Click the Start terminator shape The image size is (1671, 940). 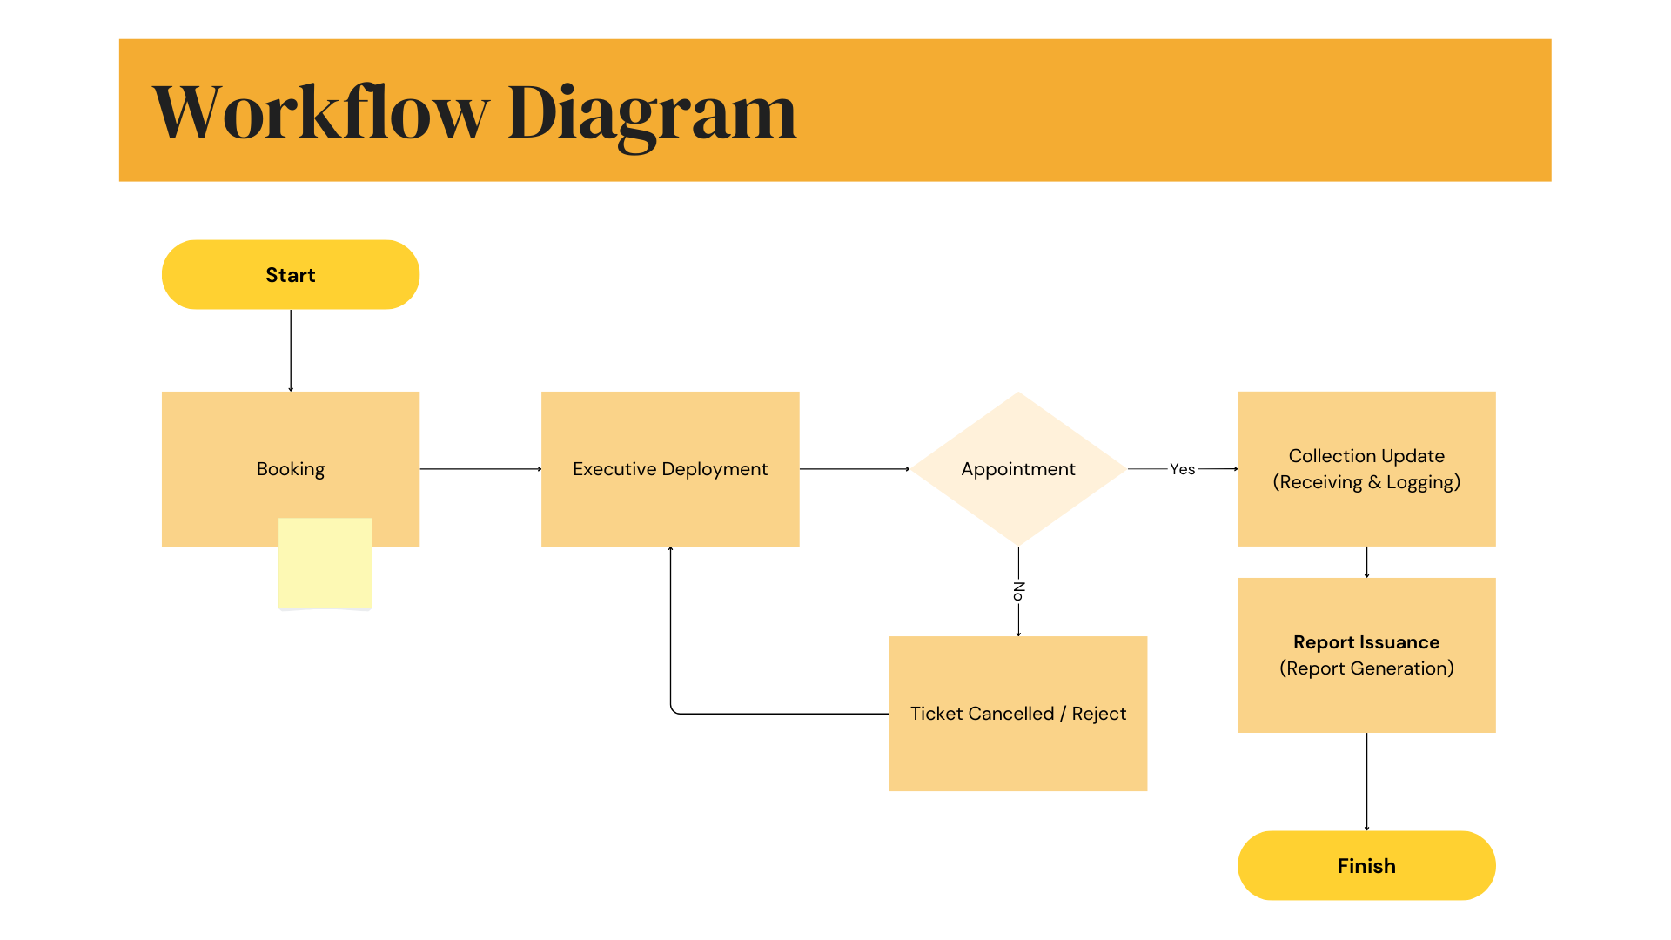291,275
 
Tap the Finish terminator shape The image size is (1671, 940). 1366,865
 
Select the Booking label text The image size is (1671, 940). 291,470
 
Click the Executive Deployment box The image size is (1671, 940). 670,469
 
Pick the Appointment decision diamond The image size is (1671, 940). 1018,469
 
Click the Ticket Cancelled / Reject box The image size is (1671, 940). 1018,714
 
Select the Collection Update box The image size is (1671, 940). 1366,469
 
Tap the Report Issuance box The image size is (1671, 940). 1366,655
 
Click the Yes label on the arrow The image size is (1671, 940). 1182,469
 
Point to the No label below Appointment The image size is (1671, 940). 1018,591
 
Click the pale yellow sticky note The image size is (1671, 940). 325,564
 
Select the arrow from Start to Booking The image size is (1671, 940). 291,351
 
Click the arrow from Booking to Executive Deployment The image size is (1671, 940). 480,469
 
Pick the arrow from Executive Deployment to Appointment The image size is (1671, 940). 855,469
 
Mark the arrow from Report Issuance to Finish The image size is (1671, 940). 1366,782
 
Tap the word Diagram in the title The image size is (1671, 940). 652,117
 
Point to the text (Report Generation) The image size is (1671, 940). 1366,668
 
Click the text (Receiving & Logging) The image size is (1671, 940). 1366,482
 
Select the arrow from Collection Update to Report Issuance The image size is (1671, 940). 1366,562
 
